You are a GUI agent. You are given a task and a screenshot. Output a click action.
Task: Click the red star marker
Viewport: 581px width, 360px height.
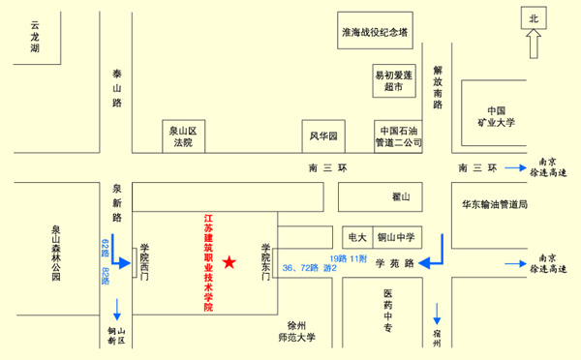[x=229, y=262]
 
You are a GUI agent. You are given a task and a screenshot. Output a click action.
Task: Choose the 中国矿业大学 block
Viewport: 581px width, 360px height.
[x=497, y=116]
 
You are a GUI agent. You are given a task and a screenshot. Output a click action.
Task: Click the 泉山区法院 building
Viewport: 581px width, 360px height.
[x=183, y=136]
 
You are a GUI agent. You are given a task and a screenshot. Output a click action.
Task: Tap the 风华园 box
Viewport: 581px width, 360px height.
[x=322, y=136]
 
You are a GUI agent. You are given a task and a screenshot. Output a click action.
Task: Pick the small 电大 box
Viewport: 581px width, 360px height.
[x=356, y=236]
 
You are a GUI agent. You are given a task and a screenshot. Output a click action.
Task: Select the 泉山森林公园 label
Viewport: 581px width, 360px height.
[x=56, y=255]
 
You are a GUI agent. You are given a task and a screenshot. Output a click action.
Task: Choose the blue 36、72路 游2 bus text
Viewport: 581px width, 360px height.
[x=309, y=267]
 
